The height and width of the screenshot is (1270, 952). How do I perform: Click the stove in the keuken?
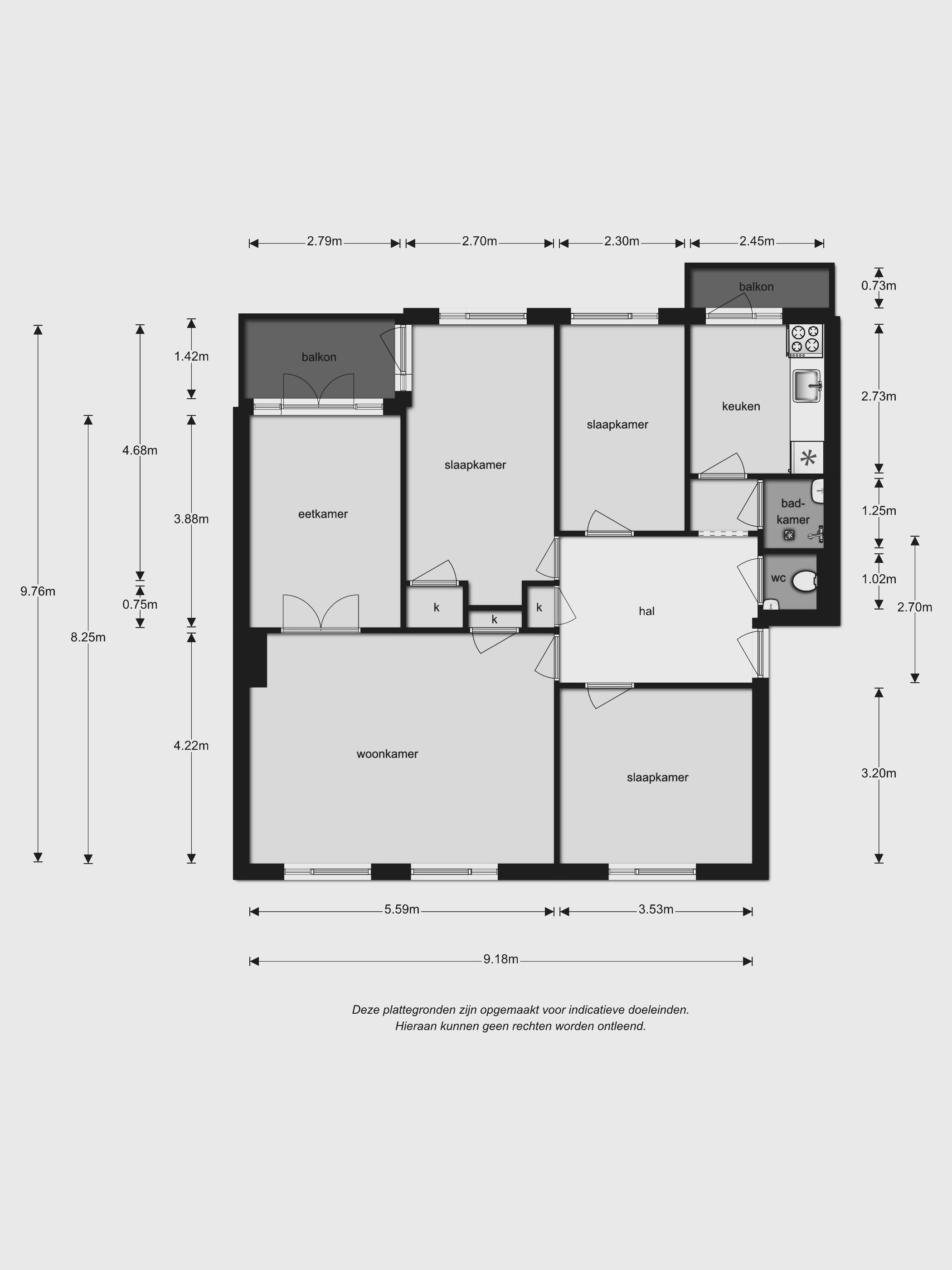coord(806,339)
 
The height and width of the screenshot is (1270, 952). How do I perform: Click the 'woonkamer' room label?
coord(387,754)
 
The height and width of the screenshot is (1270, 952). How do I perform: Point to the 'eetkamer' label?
coord(323,514)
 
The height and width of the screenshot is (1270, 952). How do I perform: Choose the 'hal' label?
coord(647,611)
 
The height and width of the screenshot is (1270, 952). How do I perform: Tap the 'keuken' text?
coord(741,406)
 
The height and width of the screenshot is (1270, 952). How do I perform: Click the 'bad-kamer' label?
coord(793,511)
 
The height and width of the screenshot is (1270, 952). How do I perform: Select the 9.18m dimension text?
coord(501,959)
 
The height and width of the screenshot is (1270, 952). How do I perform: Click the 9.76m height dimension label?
coord(38,591)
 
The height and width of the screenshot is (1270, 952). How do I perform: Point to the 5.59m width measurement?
coord(402,909)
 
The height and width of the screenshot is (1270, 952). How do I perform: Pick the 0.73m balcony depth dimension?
coord(879,285)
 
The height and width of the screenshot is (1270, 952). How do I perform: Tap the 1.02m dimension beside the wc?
coord(879,579)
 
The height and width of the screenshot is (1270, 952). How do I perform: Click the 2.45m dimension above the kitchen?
coord(757,241)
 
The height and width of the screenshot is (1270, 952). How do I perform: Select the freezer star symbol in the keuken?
coord(808,458)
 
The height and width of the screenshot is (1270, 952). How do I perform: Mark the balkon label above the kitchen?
coord(756,287)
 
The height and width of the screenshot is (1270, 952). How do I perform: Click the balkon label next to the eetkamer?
coord(319,357)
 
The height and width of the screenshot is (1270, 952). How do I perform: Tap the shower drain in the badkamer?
coord(790,536)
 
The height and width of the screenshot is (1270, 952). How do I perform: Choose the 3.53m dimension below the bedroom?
coord(656,909)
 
